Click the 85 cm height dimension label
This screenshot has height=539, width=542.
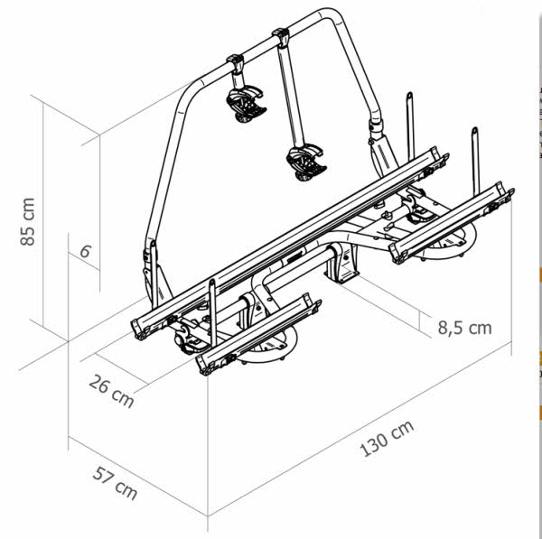point(28,222)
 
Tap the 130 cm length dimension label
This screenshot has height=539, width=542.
point(387,438)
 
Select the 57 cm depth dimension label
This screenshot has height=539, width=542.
point(115,482)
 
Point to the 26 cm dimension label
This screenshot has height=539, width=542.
point(111,391)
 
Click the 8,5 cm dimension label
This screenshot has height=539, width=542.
point(464,328)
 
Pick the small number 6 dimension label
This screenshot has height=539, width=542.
point(86,251)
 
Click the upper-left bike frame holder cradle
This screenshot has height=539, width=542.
point(246,104)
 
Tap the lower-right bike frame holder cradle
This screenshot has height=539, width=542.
point(306,163)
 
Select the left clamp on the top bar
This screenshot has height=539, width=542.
point(236,63)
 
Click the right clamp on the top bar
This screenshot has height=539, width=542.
point(281,37)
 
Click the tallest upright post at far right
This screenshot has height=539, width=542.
point(476,161)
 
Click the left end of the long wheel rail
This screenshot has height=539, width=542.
point(139,329)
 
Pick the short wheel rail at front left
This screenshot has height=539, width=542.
point(258,334)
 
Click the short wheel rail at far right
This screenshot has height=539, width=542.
point(452,222)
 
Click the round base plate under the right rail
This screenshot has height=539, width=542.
point(449,242)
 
